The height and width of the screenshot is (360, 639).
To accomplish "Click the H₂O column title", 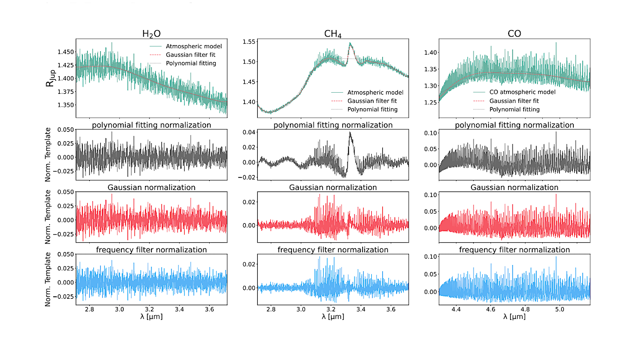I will point(151,34).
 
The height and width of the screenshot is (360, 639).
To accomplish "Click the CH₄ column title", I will point(333,34).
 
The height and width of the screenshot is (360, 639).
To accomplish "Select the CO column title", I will point(514,34).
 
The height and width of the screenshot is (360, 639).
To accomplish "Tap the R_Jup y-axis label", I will point(51,78).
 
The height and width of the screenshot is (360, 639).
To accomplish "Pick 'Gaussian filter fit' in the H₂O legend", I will point(194,55).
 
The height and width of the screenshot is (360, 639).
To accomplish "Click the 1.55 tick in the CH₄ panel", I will point(249,42).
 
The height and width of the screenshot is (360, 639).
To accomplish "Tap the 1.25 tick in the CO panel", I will point(430,103).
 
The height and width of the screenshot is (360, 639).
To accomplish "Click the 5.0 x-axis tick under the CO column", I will point(560,310).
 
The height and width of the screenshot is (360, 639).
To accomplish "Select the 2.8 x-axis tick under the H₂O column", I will point(90,310).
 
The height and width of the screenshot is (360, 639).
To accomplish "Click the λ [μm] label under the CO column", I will point(514,317).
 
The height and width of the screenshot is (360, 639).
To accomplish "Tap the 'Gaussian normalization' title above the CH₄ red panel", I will point(333,188).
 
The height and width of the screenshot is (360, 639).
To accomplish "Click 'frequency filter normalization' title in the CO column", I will point(514,250).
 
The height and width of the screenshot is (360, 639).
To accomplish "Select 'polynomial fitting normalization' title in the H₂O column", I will point(151,125).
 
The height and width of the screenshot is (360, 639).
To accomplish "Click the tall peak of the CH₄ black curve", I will point(350,133).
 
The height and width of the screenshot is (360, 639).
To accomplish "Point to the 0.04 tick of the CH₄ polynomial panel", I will point(249,132).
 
